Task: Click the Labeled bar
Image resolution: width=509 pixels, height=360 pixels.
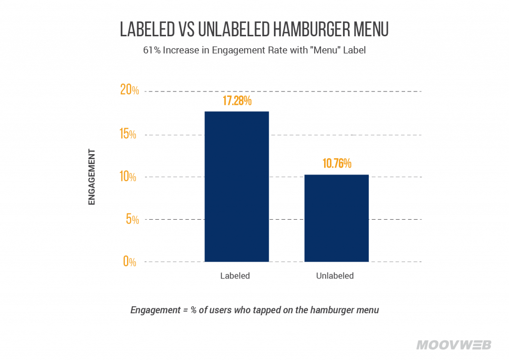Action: click(x=237, y=186)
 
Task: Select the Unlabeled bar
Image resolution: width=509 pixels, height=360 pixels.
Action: click(x=337, y=218)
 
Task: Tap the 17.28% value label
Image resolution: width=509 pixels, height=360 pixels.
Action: click(x=237, y=101)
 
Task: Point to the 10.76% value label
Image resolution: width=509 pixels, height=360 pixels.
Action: click(x=337, y=164)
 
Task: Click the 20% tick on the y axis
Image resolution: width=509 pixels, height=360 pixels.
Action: click(x=130, y=90)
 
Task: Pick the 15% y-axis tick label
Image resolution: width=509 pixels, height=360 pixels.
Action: click(x=130, y=134)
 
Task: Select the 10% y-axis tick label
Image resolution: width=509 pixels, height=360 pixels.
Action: click(x=130, y=177)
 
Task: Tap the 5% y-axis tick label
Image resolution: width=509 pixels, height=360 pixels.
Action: click(x=131, y=219)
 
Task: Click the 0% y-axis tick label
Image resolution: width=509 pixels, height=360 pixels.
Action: click(x=130, y=262)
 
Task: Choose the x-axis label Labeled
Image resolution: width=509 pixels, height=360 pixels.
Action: click(x=235, y=276)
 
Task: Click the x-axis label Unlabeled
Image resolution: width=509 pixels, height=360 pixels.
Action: click(x=335, y=276)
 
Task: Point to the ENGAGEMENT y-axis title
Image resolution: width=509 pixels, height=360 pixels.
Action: click(x=91, y=178)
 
